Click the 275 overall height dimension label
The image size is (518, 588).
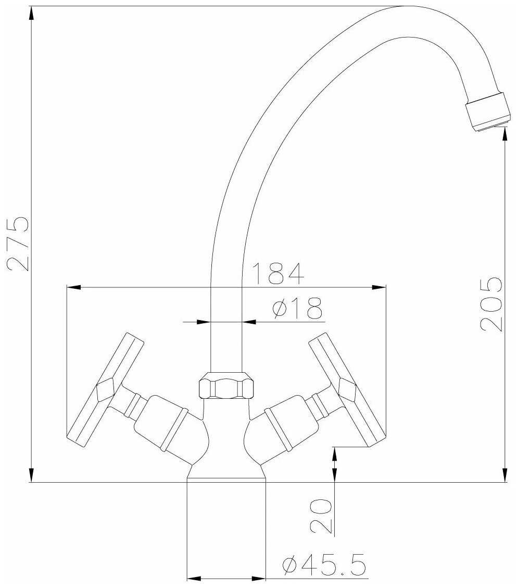click(x=18, y=242)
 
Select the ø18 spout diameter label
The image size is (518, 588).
click(x=298, y=308)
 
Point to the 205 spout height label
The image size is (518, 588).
click(x=491, y=304)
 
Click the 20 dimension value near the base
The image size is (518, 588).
click(x=321, y=516)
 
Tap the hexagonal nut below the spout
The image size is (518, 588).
click(x=226, y=385)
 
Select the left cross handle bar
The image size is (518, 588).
click(x=105, y=390)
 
